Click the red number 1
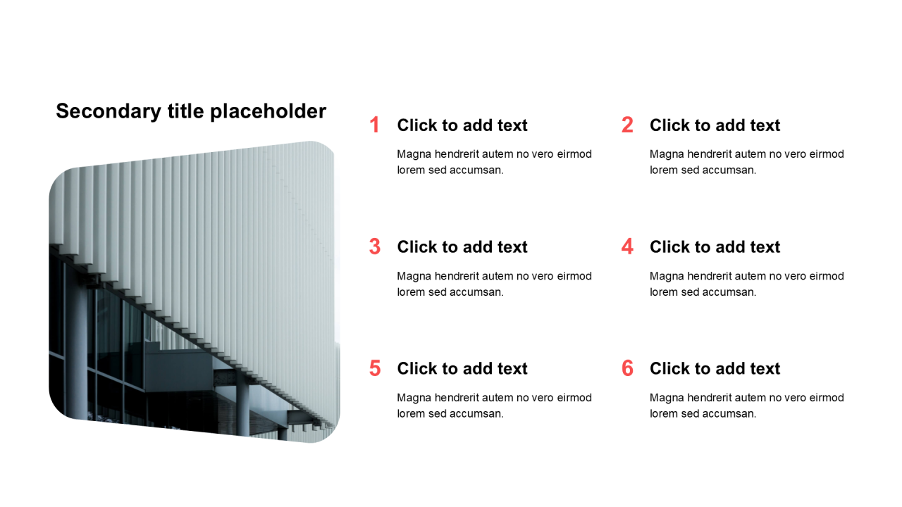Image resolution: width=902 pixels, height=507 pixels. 374,125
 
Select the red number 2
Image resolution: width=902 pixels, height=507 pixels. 627,125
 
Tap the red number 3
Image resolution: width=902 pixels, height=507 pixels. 374,246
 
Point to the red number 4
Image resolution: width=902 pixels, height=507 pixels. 627,246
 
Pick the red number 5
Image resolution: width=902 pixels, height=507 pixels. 374,368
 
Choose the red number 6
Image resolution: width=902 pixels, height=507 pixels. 627,368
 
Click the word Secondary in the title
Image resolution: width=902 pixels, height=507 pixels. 109,111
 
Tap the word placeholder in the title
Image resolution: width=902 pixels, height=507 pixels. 268,111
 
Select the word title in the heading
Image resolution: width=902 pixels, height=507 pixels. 185,111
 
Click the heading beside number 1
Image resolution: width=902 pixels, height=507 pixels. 462,125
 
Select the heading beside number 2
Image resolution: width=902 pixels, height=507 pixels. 715,125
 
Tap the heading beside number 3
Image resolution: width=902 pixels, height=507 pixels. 462,247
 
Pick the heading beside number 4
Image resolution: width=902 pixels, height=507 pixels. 715,247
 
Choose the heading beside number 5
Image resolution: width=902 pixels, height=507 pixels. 462,368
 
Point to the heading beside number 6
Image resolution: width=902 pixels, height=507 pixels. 715,368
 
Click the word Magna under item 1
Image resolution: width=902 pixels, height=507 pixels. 414,154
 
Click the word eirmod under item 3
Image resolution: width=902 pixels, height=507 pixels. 574,276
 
